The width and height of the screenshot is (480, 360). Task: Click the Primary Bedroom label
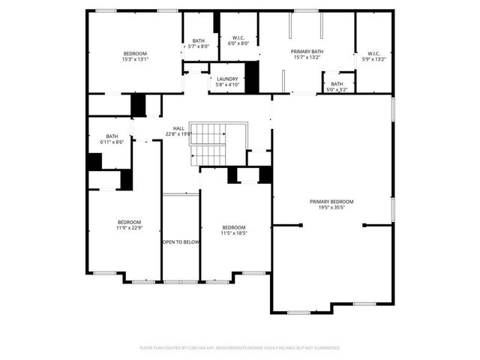coord(331,201)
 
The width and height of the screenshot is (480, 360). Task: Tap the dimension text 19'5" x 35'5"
coord(331,208)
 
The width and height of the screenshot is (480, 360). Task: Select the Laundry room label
coord(227,79)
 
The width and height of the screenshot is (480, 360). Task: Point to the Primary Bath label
coord(306,51)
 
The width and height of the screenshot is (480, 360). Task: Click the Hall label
coord(178,128)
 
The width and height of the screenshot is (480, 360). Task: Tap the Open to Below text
coord(181,242)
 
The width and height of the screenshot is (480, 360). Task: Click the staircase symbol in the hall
coord(209,144)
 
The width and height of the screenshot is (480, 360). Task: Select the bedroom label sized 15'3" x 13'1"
coord(135,53)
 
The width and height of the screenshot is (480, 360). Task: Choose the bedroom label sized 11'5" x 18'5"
coord(233,227)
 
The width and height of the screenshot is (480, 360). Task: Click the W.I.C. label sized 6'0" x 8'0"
coord(238,37)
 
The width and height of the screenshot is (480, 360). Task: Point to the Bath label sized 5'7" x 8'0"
coord(198,41)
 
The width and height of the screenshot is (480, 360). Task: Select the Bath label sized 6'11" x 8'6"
coord(112,136)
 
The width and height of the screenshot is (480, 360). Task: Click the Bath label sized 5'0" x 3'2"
coord(337,84)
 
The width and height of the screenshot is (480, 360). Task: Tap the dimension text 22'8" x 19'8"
coord(178,134)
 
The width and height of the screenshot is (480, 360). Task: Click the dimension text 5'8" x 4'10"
coord(227,85)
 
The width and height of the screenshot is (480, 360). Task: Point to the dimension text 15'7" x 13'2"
coord(306,57)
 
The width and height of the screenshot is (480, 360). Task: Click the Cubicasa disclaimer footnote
coord(240,348)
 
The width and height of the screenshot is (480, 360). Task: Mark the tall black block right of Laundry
coord(251,76)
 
